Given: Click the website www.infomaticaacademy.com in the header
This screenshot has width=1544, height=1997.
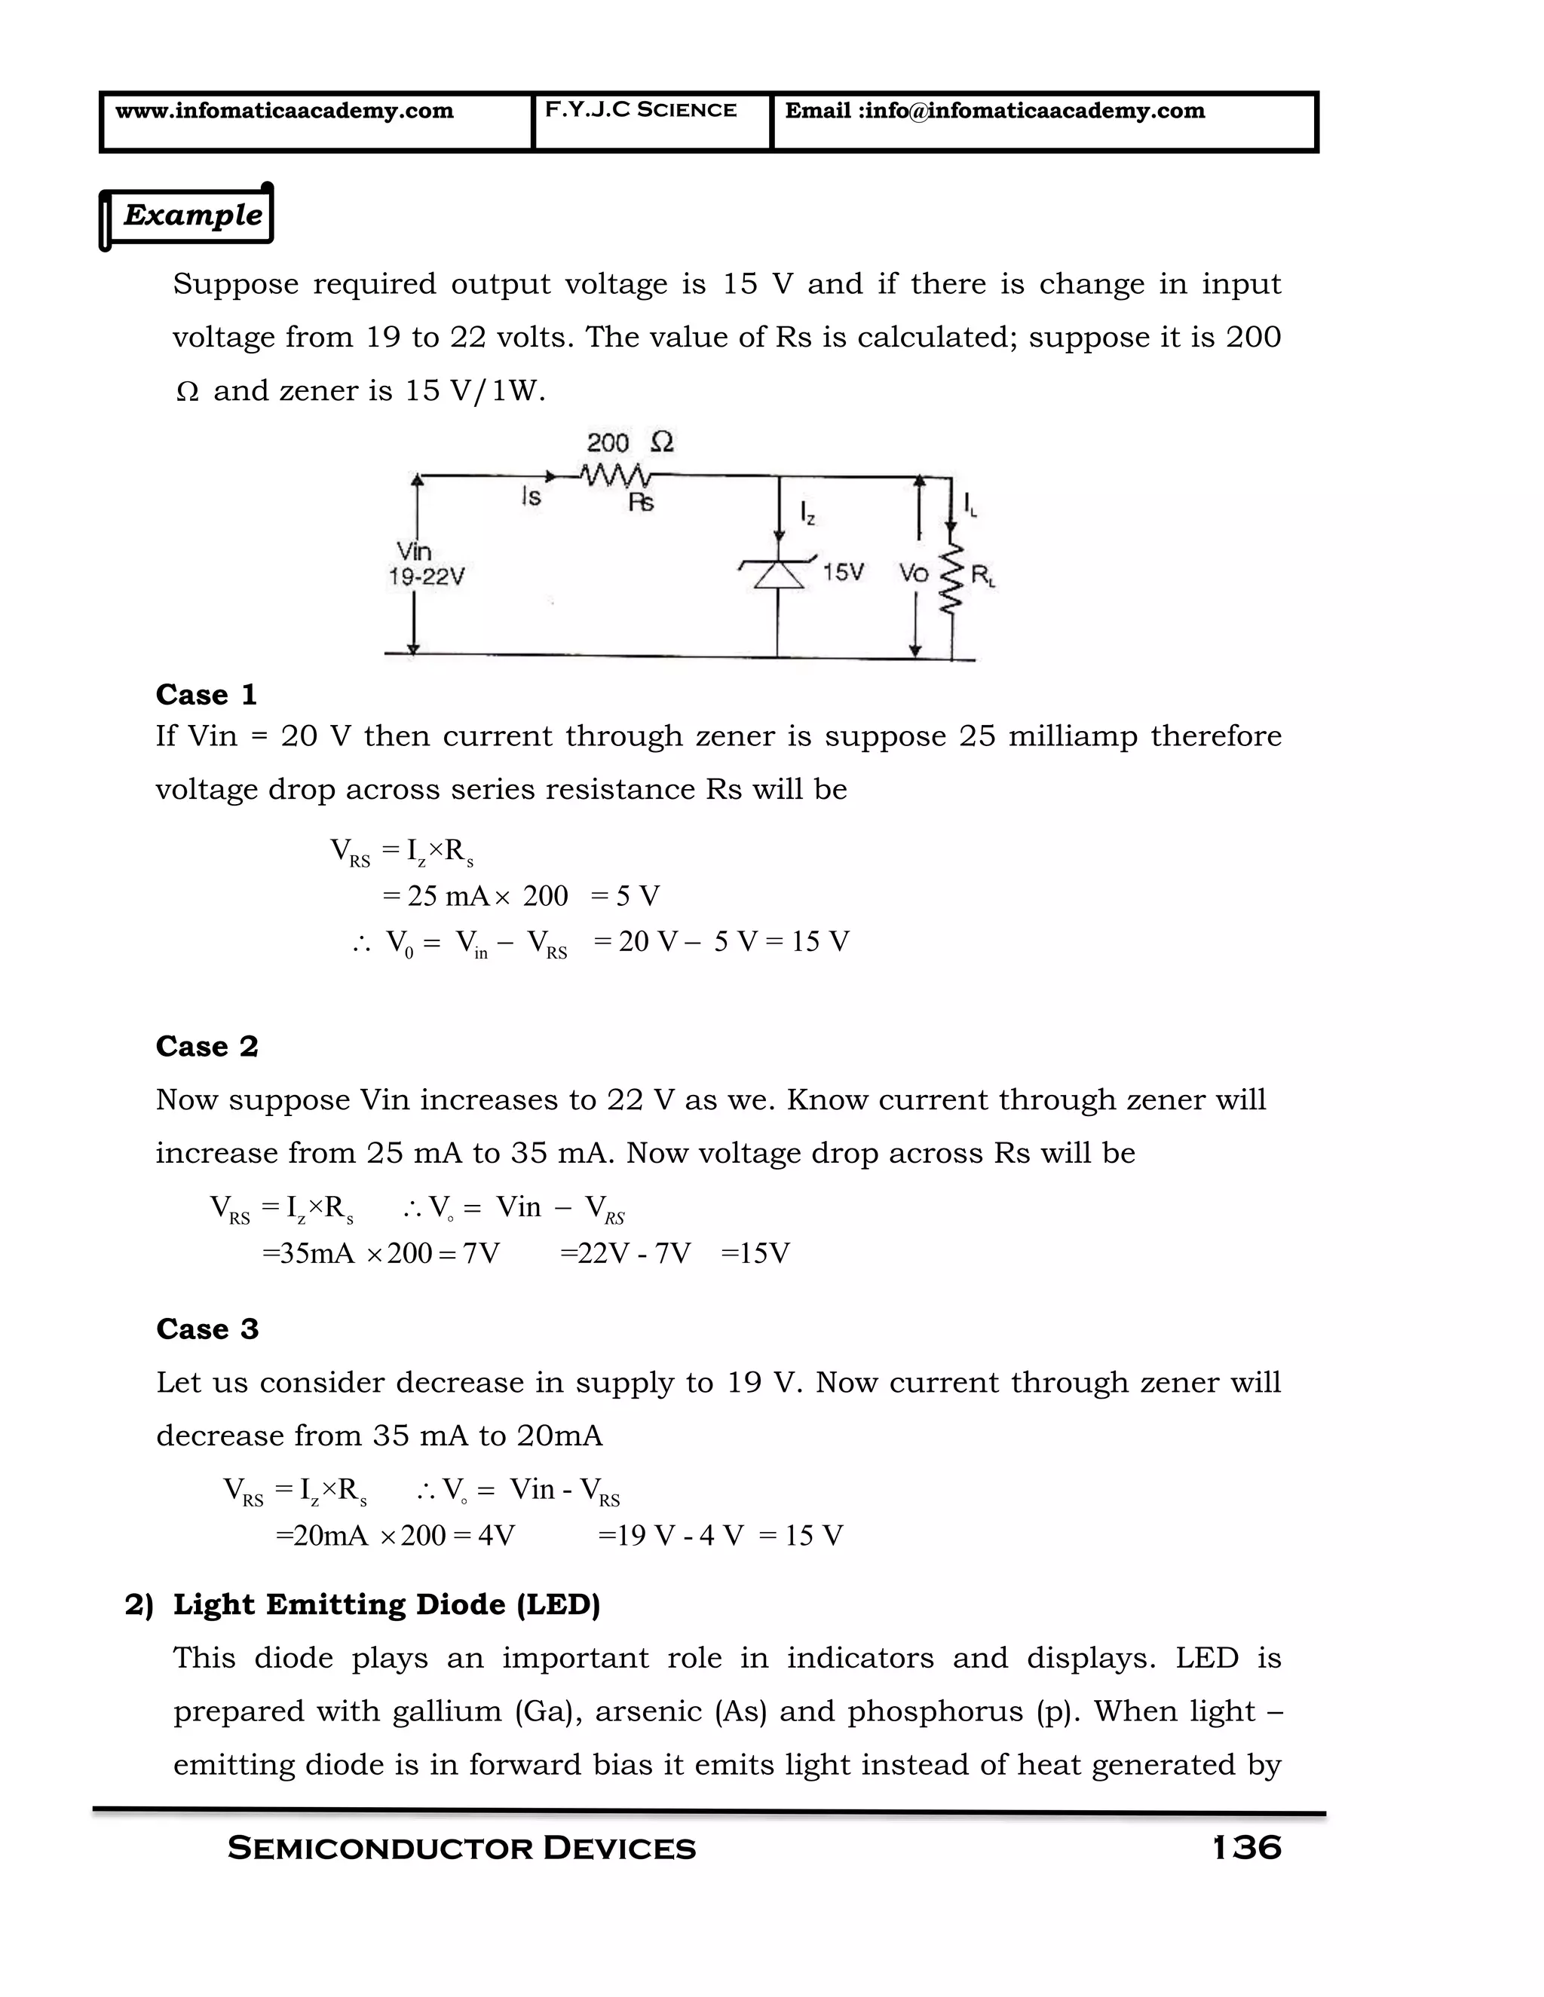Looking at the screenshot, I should pyautogui.click(x=283, y=112).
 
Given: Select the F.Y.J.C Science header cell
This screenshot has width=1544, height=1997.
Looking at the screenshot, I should pyautogui.click(x=640, y=111).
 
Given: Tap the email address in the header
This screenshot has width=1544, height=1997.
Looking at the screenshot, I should pyautogui.click(x=994, y=112).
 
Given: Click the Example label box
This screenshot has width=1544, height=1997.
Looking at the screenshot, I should pyautogui.click(x=191, y=216).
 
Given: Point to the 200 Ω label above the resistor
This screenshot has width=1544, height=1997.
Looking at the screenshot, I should pyautogui.click(x=630, y=443).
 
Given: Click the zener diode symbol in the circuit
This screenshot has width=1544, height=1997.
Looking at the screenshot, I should pyautogui.click(x=777, y=574).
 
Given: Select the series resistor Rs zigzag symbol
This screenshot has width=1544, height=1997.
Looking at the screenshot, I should pyautogui.click(x=614, y=476).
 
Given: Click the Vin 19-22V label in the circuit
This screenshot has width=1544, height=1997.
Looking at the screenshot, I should pyautogui.click(x=425, y=564).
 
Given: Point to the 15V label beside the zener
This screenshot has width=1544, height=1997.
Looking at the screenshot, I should pyautogui.click(x=842, y=573).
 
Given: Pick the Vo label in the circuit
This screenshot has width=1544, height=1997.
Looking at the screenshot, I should pyautogui.click(x=913, y=574).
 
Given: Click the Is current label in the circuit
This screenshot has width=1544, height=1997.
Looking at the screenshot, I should pyautogui.click(x=531, y=497).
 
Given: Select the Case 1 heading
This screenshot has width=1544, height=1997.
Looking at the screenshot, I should pyautogui.click(x=206, y=695).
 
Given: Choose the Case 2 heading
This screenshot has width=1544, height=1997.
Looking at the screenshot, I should pyautogui.click(x=207, y=1046).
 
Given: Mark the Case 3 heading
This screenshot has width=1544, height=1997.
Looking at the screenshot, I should pyautogui.click(x=207, y=1329).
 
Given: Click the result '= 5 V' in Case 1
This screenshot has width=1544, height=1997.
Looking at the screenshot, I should pyautogui.click(x=625, y=896).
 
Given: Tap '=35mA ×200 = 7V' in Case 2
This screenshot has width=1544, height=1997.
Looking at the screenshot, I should pyautogui.click(x=381, y=1252).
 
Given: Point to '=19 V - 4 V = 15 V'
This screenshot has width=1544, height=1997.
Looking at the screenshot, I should pyautogui.click(x=720, y=1535).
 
